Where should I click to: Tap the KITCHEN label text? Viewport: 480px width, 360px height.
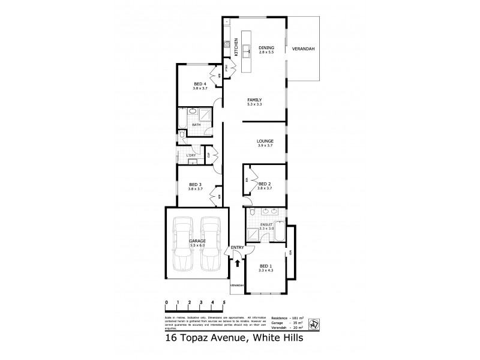[236, 47]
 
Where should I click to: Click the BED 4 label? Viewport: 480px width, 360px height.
[200, 83]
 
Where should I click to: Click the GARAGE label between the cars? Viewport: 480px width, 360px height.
[198, 241]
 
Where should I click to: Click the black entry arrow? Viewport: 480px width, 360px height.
[238, 262]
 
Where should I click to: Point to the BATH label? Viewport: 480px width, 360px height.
[196, 125]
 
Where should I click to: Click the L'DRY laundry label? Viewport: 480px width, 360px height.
[191, 155]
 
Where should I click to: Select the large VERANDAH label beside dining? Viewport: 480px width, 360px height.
[304, 48]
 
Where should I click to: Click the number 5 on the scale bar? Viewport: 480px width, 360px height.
[223, 301]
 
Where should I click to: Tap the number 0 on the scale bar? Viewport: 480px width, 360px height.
[166, 301]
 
